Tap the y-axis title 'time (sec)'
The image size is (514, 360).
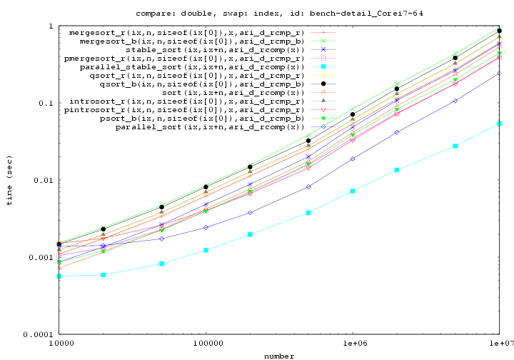point(9,180)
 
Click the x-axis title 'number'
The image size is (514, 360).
point(279,356)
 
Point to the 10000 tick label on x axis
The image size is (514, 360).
point(59,344)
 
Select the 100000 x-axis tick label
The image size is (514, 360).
point(206,344)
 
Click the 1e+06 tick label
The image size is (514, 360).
point(353,344)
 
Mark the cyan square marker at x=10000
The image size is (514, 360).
point(59,276)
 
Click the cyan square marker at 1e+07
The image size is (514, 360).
point(499,124)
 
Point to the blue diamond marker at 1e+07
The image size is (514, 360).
point(499,73)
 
